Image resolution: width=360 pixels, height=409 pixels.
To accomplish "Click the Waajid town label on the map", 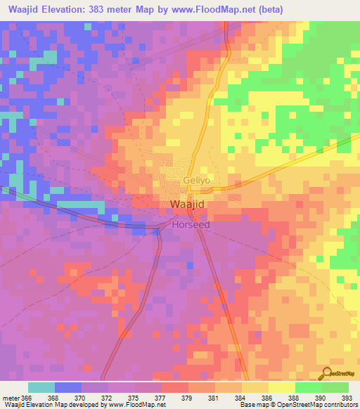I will click(x=188, y=204).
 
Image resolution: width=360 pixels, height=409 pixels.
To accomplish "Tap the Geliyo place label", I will click(x=197, y=180).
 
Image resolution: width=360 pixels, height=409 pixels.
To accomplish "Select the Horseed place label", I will click(x=191, y=226).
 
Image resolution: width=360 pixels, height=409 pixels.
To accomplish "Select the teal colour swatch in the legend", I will click(x=41, y=387).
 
